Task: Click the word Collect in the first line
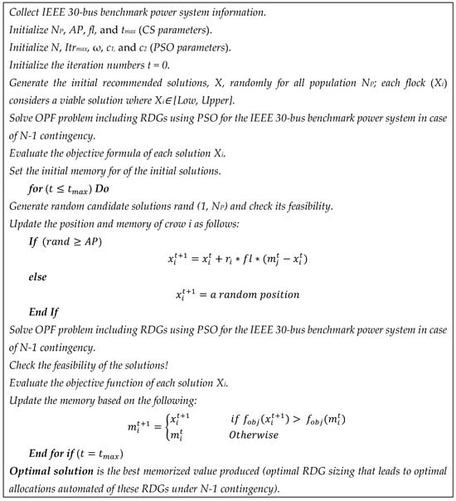[26, 12]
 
